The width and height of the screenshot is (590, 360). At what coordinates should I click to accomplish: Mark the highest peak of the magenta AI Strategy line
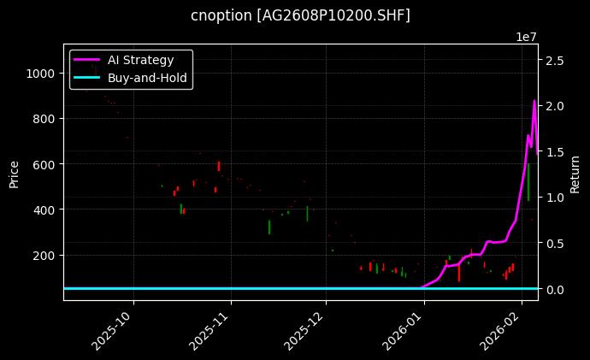(x=534, y=101)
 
